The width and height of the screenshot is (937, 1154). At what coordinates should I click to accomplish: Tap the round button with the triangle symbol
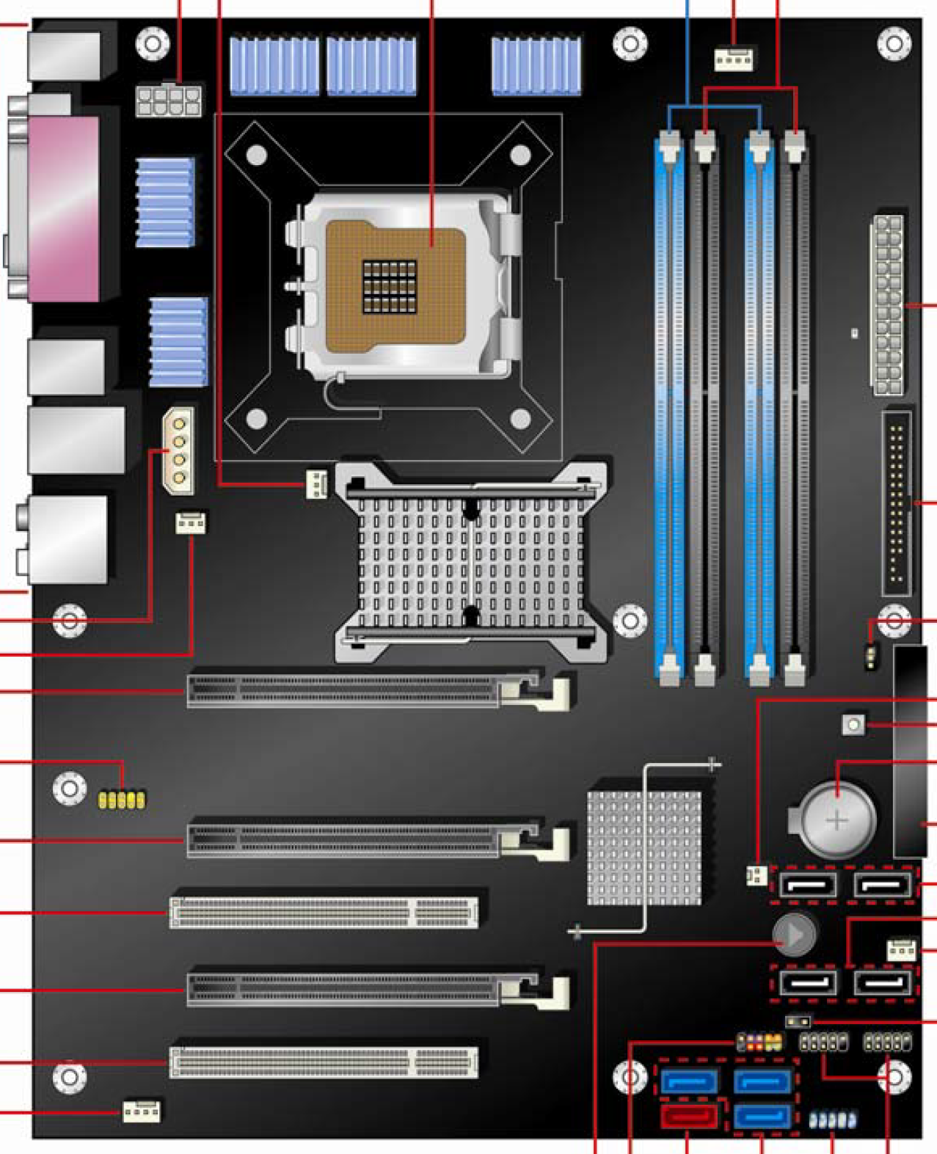[x=794, y=935]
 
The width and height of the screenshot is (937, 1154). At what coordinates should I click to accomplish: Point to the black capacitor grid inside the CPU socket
[x=389, y=285]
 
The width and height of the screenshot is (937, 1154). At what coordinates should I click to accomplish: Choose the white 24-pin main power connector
[x=887, y=304]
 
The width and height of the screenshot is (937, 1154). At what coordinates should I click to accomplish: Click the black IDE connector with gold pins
[x=897, y=503]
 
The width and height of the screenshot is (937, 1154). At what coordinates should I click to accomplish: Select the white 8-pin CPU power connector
[x=168, y=99]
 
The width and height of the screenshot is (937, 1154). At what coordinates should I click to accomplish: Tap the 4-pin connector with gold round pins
[x=178, y=450]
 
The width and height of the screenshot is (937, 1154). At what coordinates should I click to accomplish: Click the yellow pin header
[x=122, y=798]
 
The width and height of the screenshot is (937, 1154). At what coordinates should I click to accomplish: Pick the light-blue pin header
[x=832, y=1120]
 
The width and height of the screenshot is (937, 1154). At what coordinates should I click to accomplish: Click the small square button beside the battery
[x=853, y=725]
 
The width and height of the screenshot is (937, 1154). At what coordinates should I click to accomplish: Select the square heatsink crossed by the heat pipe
[x=643, y=847]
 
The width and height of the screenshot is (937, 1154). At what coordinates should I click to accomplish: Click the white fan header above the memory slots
[x=734, y=59]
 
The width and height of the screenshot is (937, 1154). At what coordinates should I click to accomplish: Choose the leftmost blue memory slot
[x=669, y=407]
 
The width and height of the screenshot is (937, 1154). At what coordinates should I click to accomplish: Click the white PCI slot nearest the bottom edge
[x=324, y=1062]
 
